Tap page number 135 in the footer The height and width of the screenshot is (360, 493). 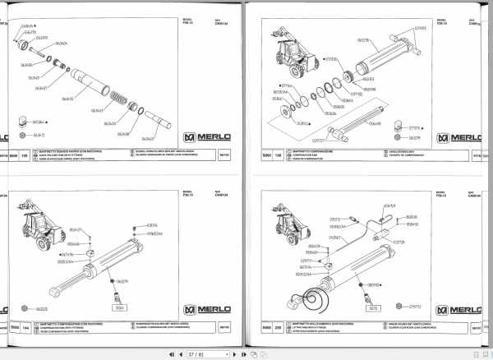coord(24,153)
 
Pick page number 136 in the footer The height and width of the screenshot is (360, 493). coord(277,153)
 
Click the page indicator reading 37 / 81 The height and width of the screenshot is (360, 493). coord(195,353)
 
